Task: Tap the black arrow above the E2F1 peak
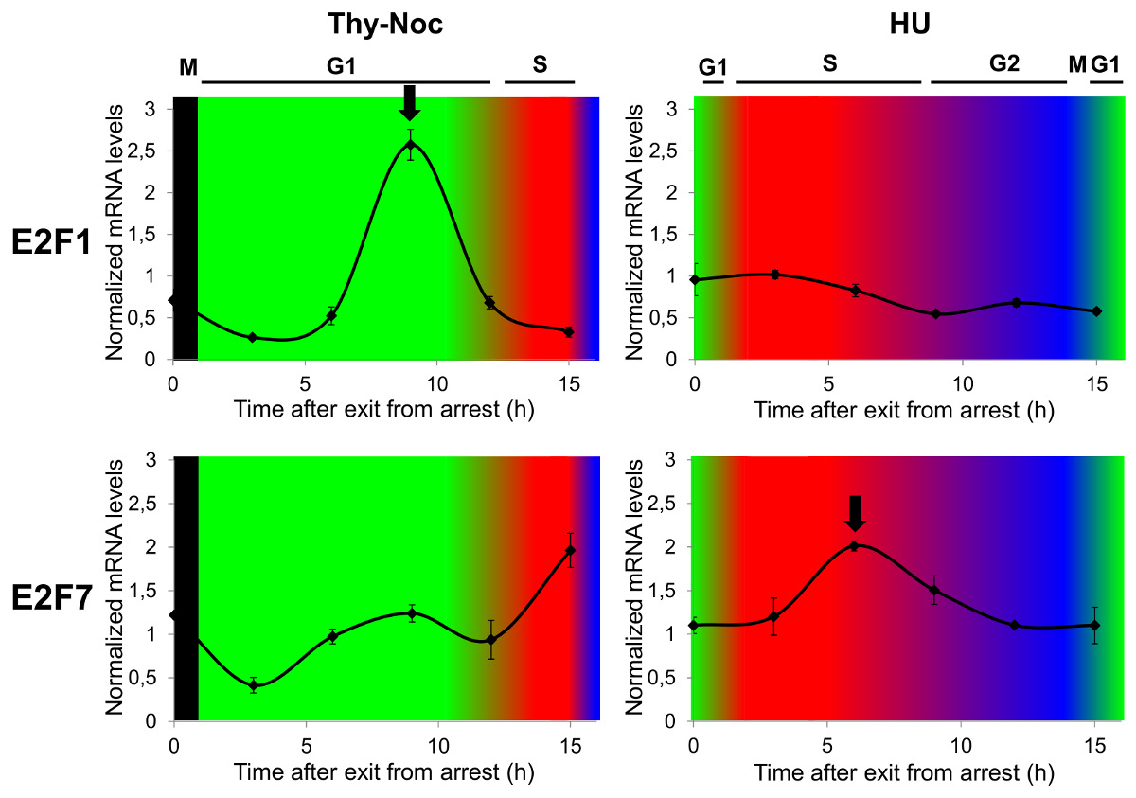409,102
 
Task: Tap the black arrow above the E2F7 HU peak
855,513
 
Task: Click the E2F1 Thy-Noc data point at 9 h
411,145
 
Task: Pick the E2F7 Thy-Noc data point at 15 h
570,550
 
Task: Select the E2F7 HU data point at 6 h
854,546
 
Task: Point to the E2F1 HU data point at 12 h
1016,303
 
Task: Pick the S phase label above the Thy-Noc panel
539,66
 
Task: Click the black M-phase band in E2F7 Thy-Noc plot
186,587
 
